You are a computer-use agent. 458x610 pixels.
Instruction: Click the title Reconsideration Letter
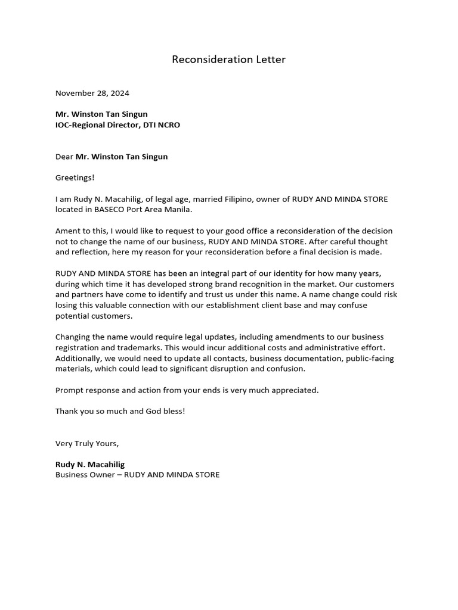(228, 60)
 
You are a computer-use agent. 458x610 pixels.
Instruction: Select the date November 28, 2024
(92, 93)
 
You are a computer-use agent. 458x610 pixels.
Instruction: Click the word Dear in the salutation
(64, 157)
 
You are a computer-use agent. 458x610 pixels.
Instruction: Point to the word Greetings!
(75, 178)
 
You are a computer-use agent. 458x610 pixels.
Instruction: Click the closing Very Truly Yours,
(87, 443)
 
